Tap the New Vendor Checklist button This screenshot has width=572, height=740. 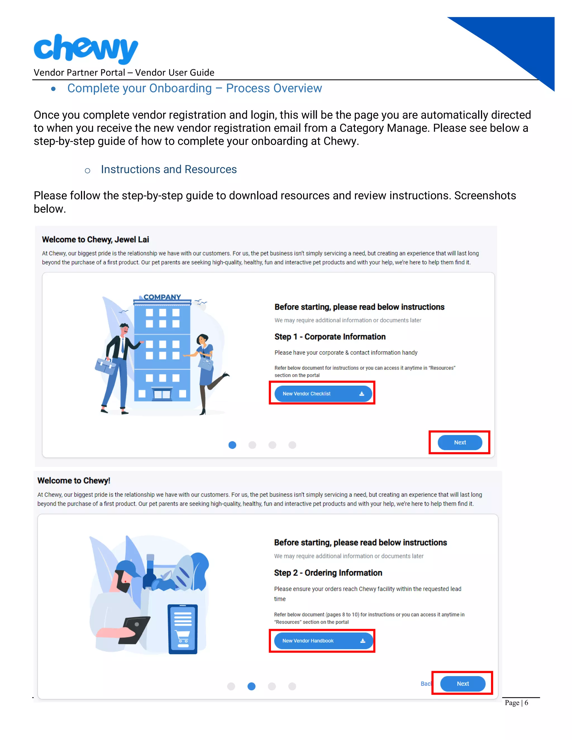[x=322, y=393]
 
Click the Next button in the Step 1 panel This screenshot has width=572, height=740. [x=459, y=442]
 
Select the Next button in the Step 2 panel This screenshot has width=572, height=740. [x=462, y=683]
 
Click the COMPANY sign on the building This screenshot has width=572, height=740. [x=162, y=297]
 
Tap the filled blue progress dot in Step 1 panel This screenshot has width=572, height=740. [x=232, y=445]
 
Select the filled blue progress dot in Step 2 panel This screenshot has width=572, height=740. [x=251, y=686]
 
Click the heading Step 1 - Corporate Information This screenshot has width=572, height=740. [x=330, y=336]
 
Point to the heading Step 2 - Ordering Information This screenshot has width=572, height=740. [x=328, y=573]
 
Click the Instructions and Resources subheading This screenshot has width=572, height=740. [x=169, y=169]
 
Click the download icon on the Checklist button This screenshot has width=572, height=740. [x=362, y=394]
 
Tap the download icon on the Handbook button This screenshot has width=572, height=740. [x=363, y=641]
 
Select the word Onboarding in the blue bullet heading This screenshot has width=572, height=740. [x=180, y=88]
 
